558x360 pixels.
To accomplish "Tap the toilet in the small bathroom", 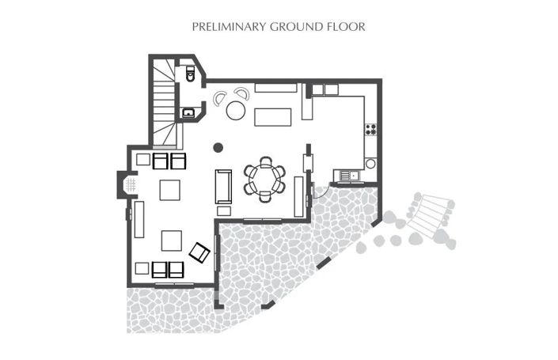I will tap(190, 74).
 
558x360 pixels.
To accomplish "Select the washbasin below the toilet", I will tap(188, 113).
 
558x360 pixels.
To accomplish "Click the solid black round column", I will tap(218, 146).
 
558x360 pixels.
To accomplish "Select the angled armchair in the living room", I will tap(199, 252).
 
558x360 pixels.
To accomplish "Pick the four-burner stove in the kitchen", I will tap(370, 128).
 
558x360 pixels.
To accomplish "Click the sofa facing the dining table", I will tap(223, 187).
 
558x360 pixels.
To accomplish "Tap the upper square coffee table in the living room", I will tap(170, 191).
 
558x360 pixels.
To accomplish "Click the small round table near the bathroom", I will tap(236, 110).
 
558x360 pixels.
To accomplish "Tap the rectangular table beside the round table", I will tap(273, 117).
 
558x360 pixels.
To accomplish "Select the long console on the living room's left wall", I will tap(139, 219).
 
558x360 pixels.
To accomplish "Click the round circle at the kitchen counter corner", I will tap(370, 164).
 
